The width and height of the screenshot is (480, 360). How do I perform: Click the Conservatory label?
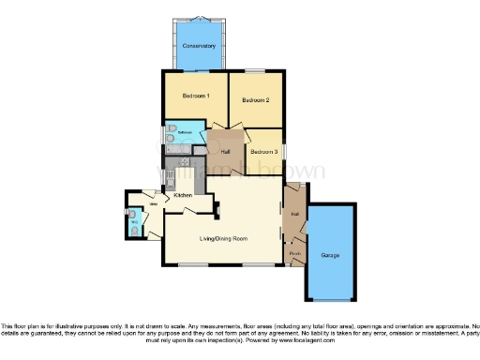(x=199, y=46)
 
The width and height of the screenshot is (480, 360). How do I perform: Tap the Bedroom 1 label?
(x=195, y=96)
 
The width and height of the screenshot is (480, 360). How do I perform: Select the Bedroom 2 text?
(x=255, y=99)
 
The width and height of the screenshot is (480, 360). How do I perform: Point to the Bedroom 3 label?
(x=263, y=150)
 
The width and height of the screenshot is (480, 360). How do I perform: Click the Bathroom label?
(x=186, y=133)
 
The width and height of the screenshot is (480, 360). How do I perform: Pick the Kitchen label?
(x=183, y=194)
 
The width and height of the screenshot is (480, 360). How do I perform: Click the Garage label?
(x=330, y=255)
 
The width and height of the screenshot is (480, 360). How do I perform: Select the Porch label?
(x=294, y=252)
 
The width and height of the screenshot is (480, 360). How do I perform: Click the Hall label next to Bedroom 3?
(x=225, y=152)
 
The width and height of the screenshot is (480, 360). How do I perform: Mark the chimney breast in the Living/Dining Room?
(x=217, y=208)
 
